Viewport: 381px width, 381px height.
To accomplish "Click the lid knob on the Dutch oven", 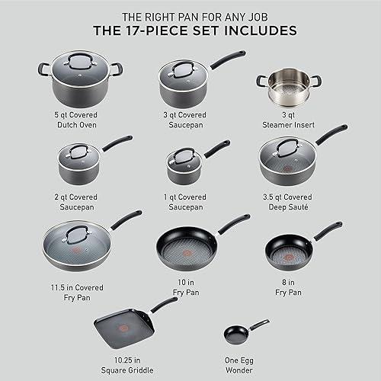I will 77,64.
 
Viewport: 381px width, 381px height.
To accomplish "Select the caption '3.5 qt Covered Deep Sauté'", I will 287,200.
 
